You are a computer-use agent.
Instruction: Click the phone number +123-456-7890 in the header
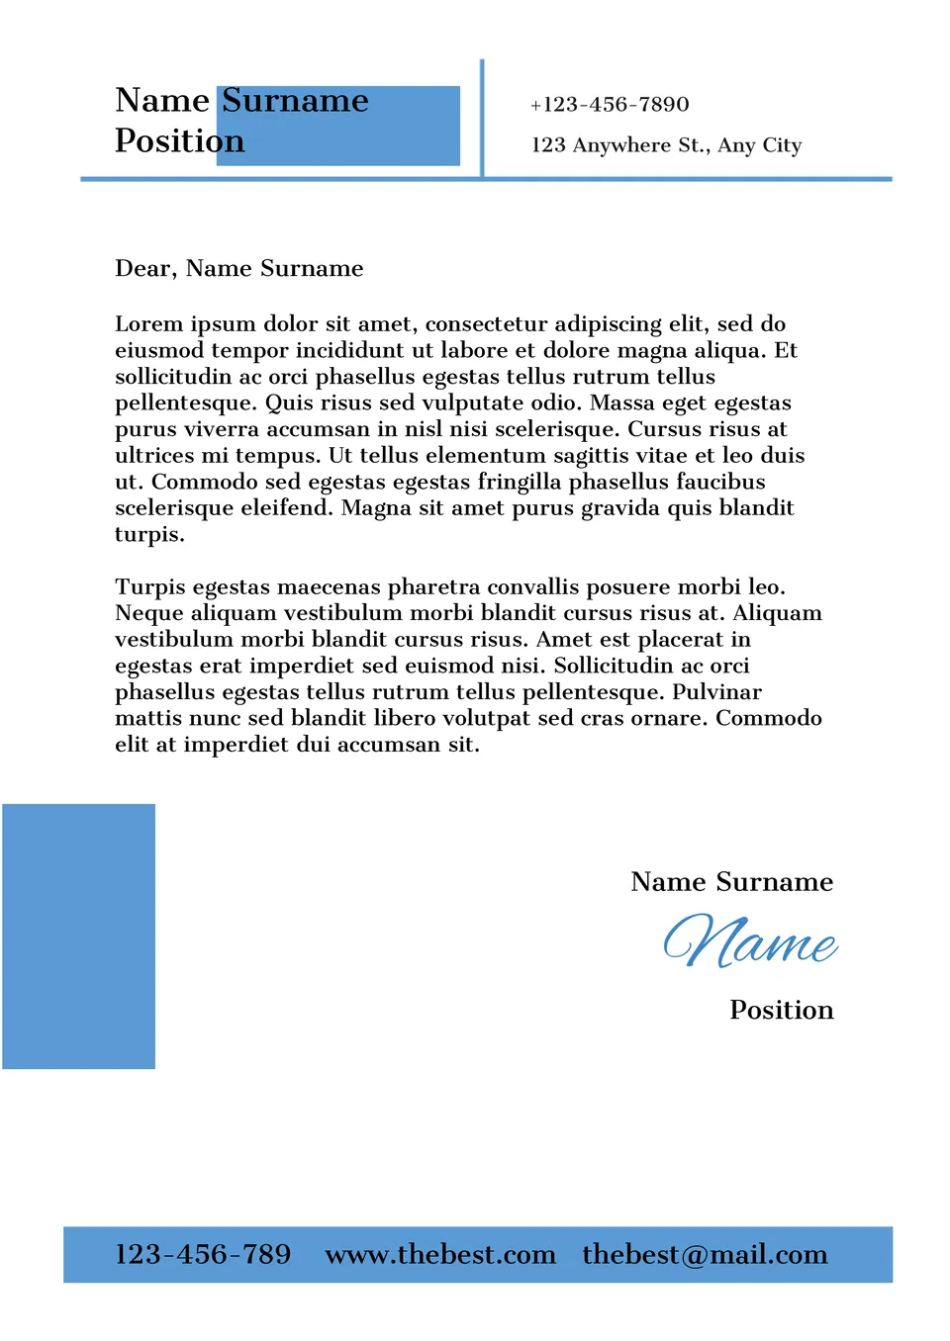(x=610, y=105)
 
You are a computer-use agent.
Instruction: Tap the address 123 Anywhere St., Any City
(x=666, y=145)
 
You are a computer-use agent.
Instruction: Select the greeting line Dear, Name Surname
(x=239, y=269)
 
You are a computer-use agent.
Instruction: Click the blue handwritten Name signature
(x=750, y=941)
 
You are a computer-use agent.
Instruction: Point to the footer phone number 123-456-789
(x=203, y=1255)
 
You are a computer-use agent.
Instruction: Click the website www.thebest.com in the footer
(x=440, y=1255)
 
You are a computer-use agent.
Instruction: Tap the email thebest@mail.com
(x=705, y=1255)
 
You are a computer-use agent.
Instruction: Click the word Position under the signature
(x=782, y=1011)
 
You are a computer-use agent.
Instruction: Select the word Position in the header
(x=179, y=141)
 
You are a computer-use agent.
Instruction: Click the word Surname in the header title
(x=295, y=101)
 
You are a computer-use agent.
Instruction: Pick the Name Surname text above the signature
(x=732, y=882)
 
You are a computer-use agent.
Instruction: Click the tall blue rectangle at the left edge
(x=79, y=936)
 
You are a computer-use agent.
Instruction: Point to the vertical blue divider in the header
(x=482, y=119)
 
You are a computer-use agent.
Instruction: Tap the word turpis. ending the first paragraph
(x=149, y=535)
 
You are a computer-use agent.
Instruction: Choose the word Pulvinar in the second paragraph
(x=717, y=692)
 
